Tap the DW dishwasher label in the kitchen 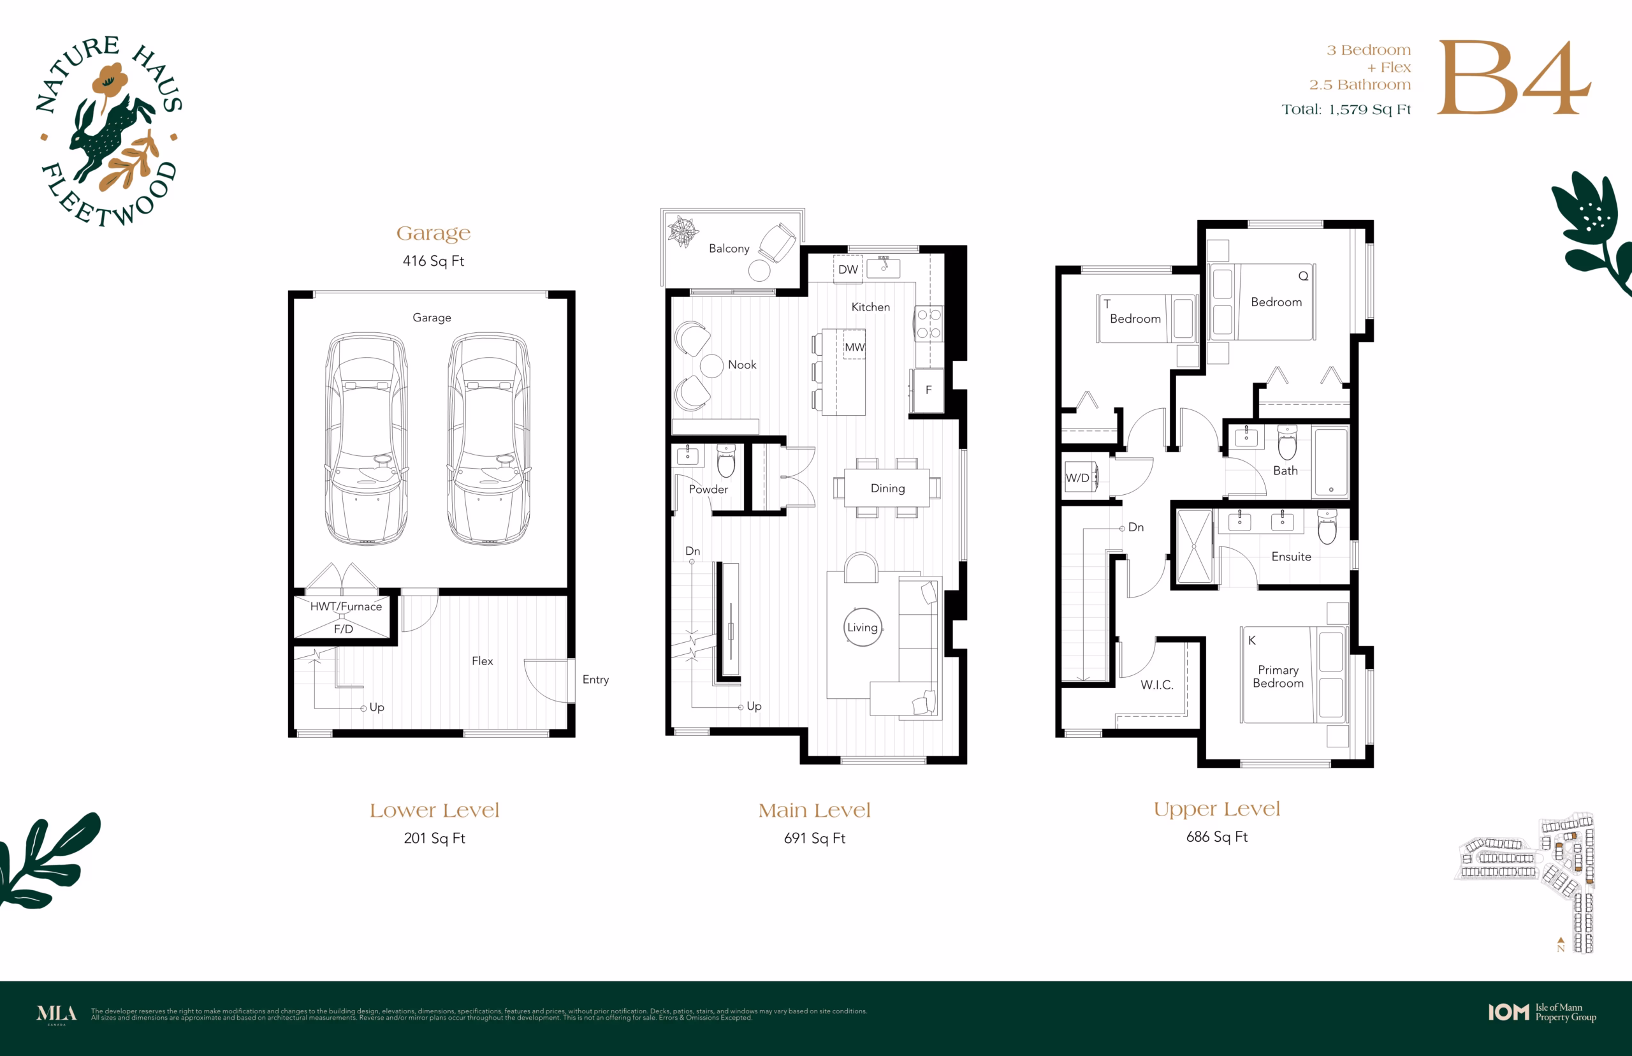(x=848, y=270)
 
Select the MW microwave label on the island (x=854, y=347)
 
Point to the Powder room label (x=708, y=489)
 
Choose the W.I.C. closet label (x=1157, y=684)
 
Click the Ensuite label (x=1292, y=557)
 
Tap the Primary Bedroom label (x=1278, y=676)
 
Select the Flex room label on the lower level (x=482, y=661)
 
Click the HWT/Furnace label (x=346, y=606)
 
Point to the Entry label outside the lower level (x=595, y=680)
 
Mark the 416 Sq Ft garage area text (x=433, y=261)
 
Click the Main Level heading (x=814, y=810)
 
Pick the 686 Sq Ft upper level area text (x=1216, y=837)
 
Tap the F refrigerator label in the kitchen (x=929, y=390)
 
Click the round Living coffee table (x=863, y=627)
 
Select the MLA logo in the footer (x=56, y=1013)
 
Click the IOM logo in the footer (x=1508, y=1012)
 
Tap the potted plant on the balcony (x=683, y=231)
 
